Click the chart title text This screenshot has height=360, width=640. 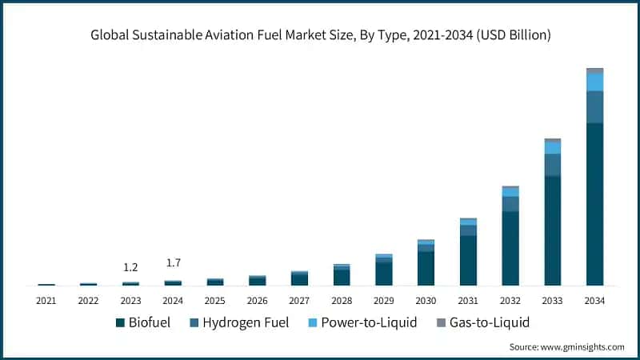[320, 35]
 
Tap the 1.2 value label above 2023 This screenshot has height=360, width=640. [130, 267]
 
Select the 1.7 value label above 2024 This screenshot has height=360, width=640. [173, 263]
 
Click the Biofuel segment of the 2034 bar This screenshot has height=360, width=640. [594, 204]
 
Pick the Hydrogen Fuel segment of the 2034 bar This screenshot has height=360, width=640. [594, 107]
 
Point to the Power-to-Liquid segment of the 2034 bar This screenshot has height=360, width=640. [594, 82]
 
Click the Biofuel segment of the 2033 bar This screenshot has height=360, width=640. [552, 230]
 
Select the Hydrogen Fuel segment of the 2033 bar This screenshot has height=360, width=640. [552, 165]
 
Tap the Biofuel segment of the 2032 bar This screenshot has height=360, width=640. [510, 248]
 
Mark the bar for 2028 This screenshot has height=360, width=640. [342, 275]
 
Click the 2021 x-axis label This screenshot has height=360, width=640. [46, 301]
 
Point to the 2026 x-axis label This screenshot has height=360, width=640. [257, 301]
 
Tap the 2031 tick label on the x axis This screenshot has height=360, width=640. [468, 301]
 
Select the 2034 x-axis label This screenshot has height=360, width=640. [594, 301]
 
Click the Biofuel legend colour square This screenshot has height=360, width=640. [120, 323]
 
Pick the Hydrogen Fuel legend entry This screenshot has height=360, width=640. [240, 323]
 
